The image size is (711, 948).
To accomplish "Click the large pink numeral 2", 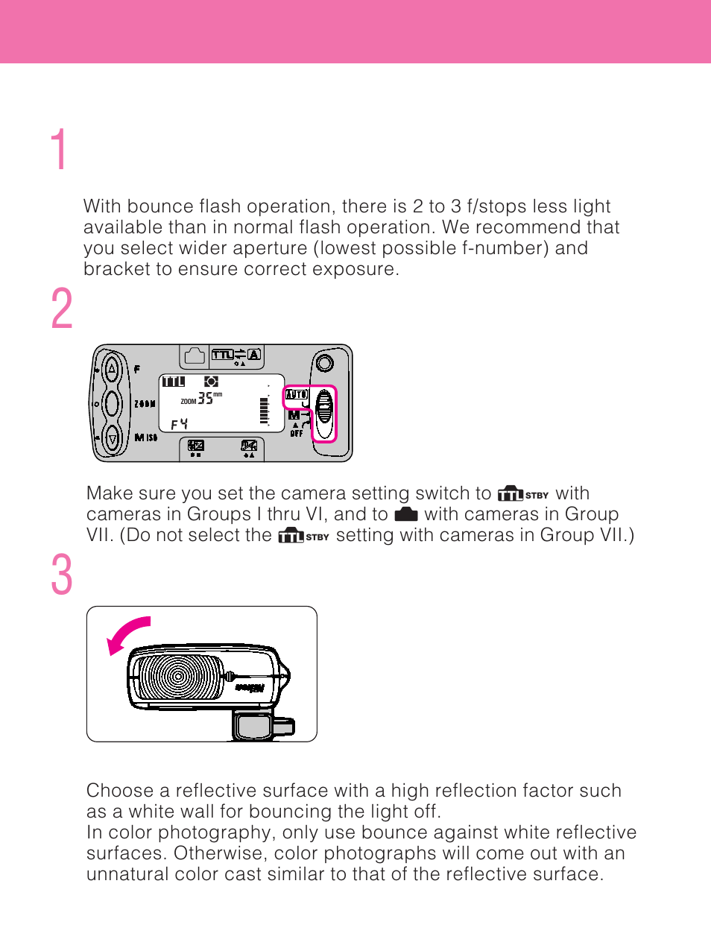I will point(62,309).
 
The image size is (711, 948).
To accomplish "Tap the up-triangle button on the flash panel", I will point(112,367).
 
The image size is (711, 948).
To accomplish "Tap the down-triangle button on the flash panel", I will point(113,438).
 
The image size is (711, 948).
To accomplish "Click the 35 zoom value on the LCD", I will point(205,399).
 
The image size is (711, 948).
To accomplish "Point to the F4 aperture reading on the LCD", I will point(179,424).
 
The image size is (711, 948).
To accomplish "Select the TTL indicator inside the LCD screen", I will point(173,382).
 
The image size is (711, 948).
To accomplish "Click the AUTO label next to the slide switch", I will point(296,394).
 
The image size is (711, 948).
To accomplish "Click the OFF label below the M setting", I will point(296,433).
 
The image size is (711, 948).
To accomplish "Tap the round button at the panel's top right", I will point(324,363).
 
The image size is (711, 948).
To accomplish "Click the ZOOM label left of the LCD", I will point(145,404).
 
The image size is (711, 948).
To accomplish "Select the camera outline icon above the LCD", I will point(195,356).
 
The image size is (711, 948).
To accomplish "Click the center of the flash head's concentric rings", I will point(177,677).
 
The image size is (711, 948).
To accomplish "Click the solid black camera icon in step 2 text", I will point(405,514).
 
